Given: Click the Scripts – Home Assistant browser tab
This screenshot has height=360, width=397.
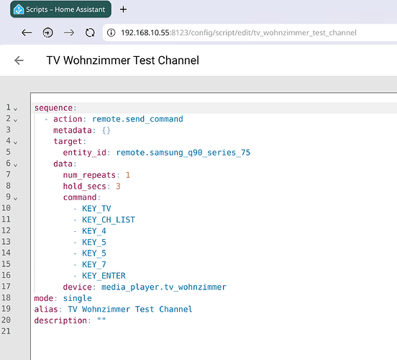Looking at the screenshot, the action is [x=60, y=9].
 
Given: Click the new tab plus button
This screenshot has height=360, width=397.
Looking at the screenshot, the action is [x=123, y=9].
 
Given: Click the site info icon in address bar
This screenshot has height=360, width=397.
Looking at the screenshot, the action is [x=111, y=32].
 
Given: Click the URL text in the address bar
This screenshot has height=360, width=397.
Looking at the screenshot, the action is [x=239, y=32].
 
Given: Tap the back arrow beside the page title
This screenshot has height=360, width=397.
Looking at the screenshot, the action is [x=19, y=60].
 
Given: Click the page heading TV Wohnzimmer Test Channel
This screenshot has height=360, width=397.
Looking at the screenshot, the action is [x=122, y=60].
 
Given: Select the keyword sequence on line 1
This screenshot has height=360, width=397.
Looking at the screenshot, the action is [x=53, y=108].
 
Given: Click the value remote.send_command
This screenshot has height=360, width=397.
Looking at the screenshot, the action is [x=137, y=119].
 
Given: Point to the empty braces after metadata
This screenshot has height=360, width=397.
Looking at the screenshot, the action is [x=106, y=130].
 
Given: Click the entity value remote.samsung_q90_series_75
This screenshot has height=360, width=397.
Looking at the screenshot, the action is [x=183, y=153].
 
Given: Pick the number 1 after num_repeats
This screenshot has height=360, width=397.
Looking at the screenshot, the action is [x=128, y=175].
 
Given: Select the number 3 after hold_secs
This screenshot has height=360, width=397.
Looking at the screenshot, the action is [x=118, y=186].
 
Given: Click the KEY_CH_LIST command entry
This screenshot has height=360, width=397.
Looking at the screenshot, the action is [x=109, y=220].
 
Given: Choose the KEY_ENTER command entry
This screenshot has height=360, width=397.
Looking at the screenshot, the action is [x=104, y=276].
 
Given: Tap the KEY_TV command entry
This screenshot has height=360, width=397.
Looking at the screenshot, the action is [x=96, y=209].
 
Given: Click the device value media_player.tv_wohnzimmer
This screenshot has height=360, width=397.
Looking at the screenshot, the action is [x=164, y=287].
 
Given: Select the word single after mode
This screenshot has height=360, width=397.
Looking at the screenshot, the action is [x=78, y=298].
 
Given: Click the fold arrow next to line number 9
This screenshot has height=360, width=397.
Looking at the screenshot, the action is [x=15, y=199].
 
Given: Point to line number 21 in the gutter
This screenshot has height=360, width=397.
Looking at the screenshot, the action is [x=6, y=331].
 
